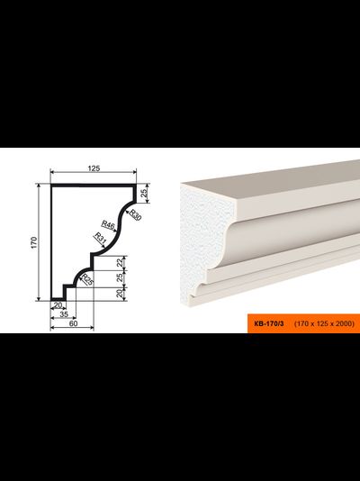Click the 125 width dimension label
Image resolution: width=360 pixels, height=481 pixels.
94,168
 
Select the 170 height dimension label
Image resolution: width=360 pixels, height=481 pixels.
34,242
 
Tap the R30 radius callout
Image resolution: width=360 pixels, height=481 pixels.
135,214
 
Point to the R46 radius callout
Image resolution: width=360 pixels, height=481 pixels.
108,225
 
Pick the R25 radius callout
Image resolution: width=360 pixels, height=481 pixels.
86,280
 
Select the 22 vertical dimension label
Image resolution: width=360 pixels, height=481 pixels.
121,262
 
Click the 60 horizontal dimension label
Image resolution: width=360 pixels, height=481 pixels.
74,323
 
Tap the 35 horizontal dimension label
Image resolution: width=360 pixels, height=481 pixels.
64,314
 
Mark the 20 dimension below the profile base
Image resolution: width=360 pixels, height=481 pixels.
58,305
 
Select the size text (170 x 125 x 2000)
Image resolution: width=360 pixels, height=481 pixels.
324,323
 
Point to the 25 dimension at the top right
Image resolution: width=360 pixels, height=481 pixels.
144,193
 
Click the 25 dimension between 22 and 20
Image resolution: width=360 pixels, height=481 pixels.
121,277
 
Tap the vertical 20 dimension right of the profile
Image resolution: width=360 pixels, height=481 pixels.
121,294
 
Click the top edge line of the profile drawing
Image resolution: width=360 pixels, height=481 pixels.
94,186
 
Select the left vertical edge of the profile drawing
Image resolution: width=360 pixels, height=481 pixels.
51,242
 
